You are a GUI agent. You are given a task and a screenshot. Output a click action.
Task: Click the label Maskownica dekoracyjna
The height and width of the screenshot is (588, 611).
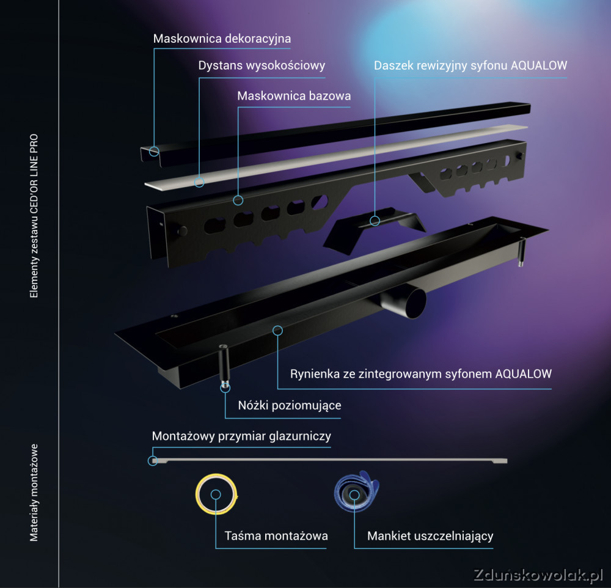tap(222, 39)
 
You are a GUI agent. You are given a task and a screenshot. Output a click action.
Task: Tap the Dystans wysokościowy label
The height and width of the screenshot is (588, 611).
tap(262, 65)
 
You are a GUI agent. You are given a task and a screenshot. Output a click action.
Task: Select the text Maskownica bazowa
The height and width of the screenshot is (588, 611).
tap(295, 96)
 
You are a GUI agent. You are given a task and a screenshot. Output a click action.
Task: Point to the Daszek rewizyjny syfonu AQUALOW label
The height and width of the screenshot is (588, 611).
tap(470, 65)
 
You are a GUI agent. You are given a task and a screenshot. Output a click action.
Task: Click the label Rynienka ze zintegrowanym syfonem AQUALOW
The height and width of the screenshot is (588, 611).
tap(421, 374)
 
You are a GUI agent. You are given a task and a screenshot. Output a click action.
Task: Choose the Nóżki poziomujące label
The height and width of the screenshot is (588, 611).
tap(290, 405)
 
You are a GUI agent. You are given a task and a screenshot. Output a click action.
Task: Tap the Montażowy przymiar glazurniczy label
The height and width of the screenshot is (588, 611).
tap(241, 436)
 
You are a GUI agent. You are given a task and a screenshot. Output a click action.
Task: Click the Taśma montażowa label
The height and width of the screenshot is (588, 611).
tap(276, 536)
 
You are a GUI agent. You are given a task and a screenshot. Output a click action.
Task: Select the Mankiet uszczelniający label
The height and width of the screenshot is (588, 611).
tap(430, 536)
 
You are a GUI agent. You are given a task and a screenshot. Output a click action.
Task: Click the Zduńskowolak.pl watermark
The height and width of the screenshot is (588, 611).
tap(538, 575)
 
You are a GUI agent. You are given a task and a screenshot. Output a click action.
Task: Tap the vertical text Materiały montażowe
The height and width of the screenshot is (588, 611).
tap(34, 493)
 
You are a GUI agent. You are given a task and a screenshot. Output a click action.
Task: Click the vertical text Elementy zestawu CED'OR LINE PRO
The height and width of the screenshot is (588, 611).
tap(34, 216)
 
